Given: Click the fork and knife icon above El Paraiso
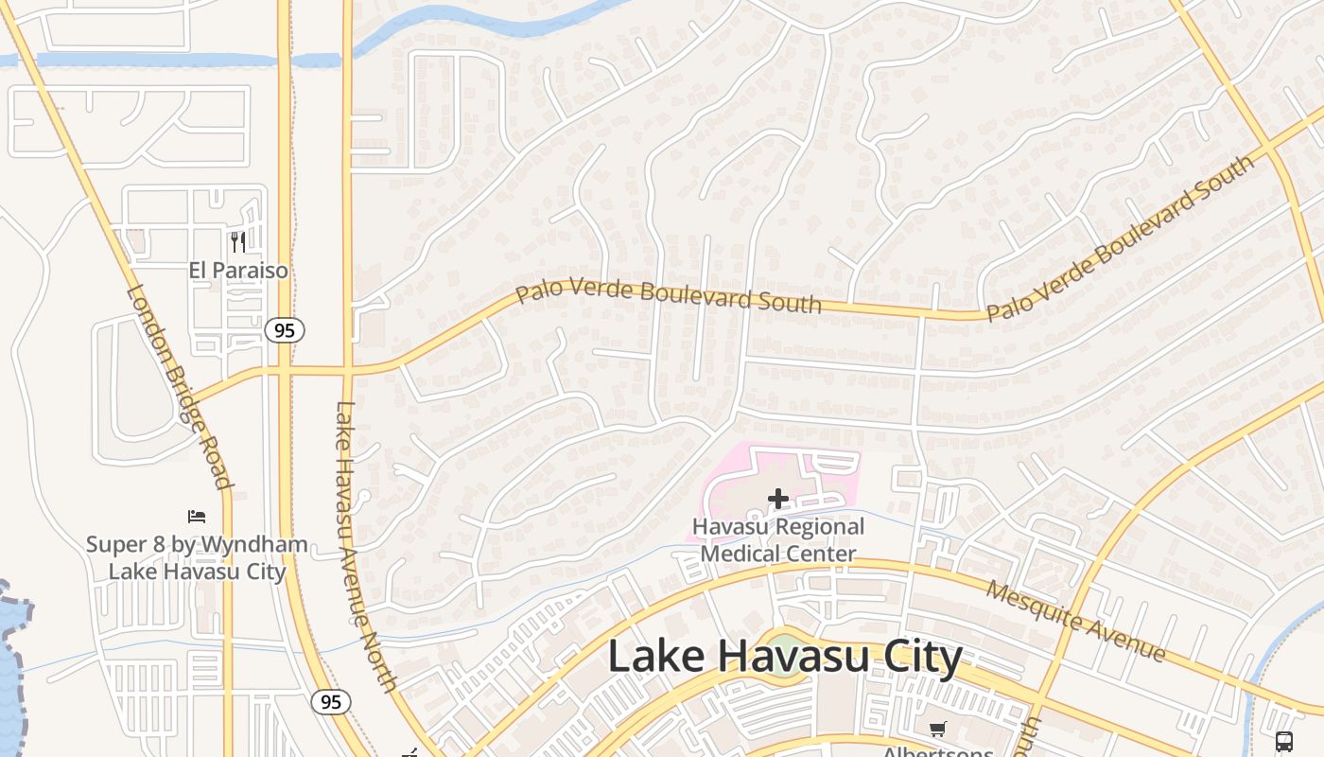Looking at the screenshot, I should (238, 242).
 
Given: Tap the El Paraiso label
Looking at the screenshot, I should (238, 271).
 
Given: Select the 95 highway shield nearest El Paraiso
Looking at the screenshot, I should (284, 330).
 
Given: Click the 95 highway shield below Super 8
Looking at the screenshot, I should (331, 702).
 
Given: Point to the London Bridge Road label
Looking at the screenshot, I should (179, 386).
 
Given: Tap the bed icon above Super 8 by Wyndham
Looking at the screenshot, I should (197, 517).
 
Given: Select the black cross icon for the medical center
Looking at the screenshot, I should (778, 499).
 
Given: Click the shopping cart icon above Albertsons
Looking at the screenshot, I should (937, 729).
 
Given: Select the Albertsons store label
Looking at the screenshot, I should (937, 752).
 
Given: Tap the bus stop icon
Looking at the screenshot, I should (1283, 741).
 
